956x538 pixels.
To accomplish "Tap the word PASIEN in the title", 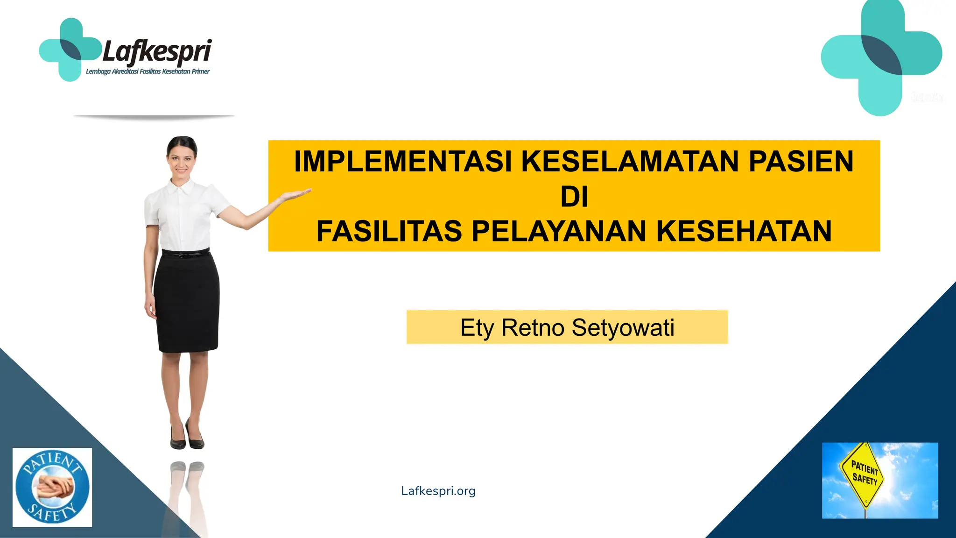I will [801, 162].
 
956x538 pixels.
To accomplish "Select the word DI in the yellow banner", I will [574, 197].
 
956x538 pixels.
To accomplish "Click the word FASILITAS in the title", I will [389, 231].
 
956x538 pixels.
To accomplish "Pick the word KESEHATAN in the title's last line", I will [744, 231].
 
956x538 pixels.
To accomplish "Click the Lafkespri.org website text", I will [438, 491].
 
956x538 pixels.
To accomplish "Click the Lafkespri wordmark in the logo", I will [157, 51].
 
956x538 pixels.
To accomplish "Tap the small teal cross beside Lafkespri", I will [70, 50].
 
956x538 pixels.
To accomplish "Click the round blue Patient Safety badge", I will [52, 487].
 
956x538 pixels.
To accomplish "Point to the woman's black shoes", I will [187, 437].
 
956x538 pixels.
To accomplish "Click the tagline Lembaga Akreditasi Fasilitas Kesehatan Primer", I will [148, 71].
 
